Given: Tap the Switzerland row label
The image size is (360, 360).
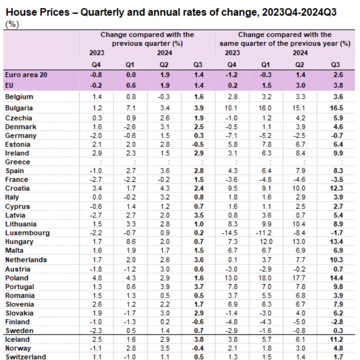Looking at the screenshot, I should point(25,357).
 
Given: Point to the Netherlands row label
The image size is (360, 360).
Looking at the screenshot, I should point(26,260).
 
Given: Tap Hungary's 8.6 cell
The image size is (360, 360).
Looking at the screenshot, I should point(130,242).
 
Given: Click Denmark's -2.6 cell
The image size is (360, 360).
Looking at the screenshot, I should point(130,126).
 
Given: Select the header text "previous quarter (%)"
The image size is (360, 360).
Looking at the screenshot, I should point(147,43).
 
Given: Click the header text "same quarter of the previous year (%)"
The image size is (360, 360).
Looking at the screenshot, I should point(285,43).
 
